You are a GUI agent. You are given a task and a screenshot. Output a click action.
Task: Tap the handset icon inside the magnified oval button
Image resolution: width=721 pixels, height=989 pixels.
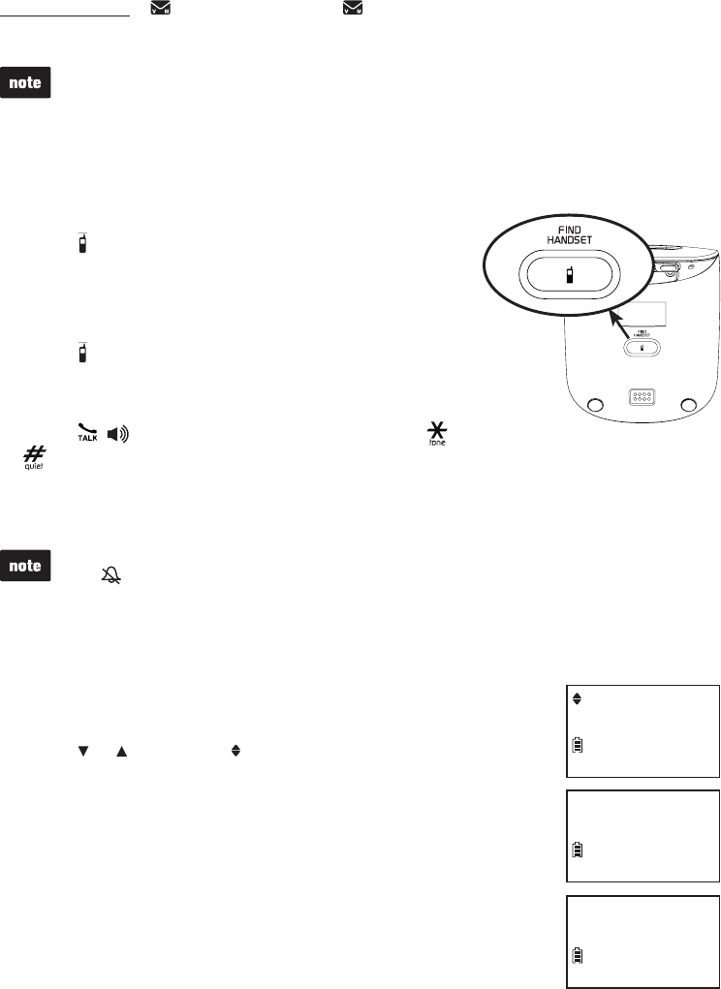point(569,277)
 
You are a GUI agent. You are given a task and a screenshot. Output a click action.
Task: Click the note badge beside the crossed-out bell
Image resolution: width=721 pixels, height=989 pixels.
point(26,566)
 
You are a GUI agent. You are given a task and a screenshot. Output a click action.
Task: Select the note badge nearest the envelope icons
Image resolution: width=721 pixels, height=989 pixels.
point(26,83)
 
